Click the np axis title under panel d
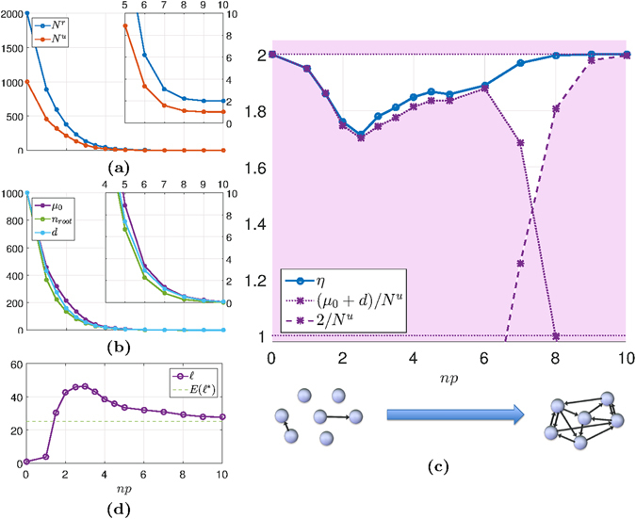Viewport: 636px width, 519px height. coord(124,491)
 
